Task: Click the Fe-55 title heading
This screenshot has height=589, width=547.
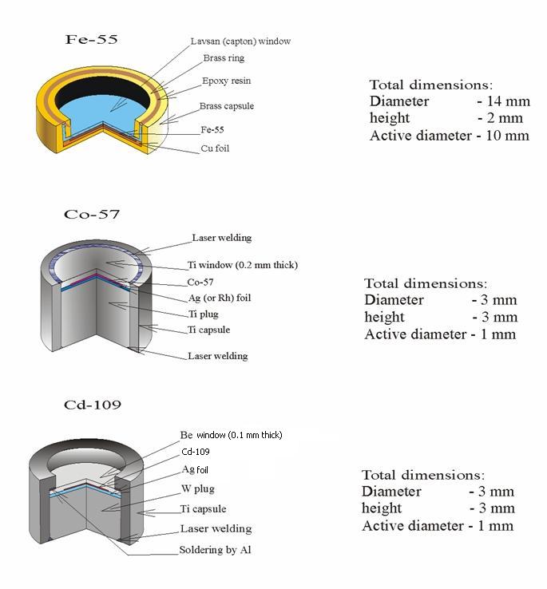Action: click(91, 39)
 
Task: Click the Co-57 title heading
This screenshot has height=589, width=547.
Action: click(92, 214)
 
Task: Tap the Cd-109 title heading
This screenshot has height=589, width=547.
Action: click(93, 405)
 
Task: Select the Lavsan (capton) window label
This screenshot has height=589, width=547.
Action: click(240, 42)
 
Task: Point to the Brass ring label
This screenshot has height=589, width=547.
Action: click(224, 57)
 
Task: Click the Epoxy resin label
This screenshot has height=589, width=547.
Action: click(226, 81)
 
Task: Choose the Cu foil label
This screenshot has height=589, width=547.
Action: click(215, 148)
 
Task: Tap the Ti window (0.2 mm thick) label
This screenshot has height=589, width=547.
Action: click(243, 265)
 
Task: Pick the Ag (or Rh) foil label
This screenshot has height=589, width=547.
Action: click(220, 298)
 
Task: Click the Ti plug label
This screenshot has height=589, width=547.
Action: click(204, 314)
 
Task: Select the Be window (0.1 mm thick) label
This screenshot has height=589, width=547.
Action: click(232, 435)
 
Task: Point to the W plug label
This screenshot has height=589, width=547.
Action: click(198, 488)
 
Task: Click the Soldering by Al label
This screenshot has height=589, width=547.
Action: click(215, 550)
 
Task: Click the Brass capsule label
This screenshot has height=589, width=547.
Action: click(227, 106)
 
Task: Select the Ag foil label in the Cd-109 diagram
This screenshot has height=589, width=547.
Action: click(195, 469)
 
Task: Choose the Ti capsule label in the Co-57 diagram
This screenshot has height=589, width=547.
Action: click(208, 330)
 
